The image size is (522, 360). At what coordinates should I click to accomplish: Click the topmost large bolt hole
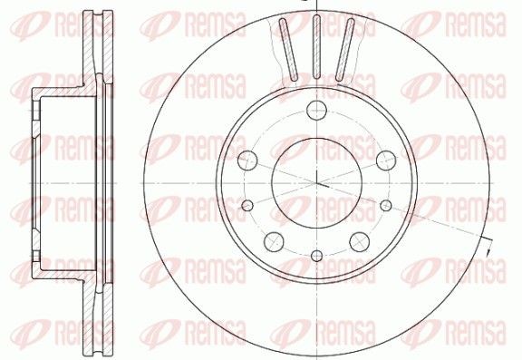[316, 112]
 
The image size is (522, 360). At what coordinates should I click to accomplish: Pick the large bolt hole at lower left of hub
[272, 239]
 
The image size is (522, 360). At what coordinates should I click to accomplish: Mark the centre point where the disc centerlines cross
[316, 185]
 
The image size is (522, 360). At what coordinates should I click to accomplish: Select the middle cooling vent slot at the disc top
[316, 51]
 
